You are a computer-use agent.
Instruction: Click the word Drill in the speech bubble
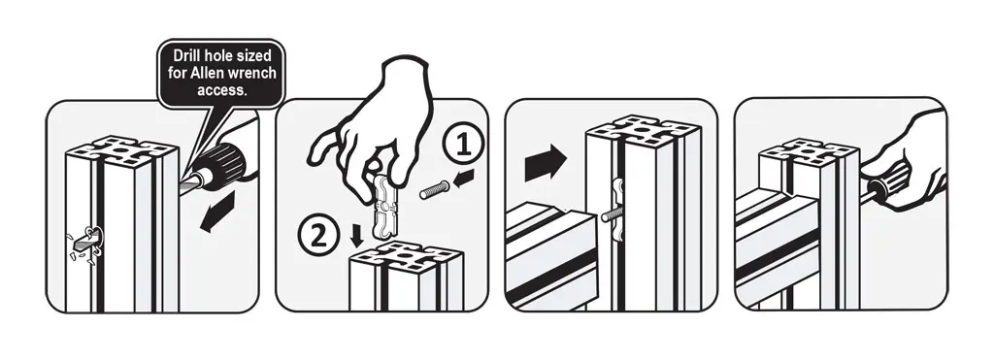(x=189, y=57)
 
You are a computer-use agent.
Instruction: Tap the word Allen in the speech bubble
(x=206, y=74)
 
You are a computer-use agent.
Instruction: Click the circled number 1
(x=464, y=146)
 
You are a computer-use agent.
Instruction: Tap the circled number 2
(x=318, y=238)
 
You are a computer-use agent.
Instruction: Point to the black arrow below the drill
(x=217, y=212)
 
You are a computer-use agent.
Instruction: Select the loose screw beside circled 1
(x=434, y=189)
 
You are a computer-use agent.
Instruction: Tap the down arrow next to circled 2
(x=357, y=236)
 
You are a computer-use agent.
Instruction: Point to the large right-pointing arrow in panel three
(x=546, y=162)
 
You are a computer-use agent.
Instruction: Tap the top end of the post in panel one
(x=122, y=150)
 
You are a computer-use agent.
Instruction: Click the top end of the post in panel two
(x=407, y=258)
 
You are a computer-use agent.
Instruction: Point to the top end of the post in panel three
(x=643, y=131)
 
